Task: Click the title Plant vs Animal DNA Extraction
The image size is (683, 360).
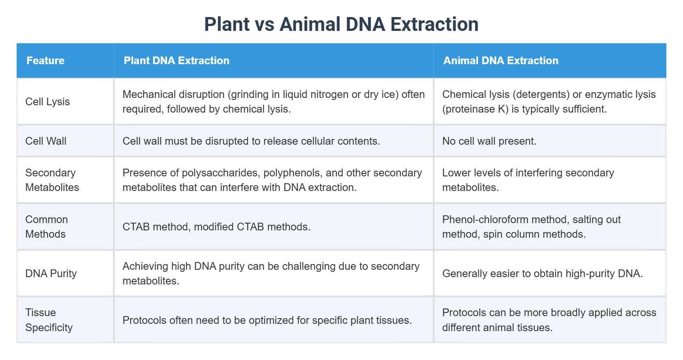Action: (x=341, y=24)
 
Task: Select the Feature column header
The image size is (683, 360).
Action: (x=46, y=61)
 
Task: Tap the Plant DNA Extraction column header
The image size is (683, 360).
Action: (x=176, y=61)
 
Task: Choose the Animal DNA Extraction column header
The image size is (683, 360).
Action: (x=500, y=61)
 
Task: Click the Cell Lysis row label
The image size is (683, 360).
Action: (x=48, y=102)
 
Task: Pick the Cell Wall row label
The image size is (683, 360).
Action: (x=46, y=141)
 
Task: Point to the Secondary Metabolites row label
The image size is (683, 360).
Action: (x=52, y=180)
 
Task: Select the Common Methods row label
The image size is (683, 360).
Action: (x=46, y=227)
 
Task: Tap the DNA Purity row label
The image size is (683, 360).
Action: (x=51, y=273)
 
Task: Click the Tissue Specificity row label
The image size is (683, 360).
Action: (x=49, y=320)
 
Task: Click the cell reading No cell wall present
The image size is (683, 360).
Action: (x=489, y=141)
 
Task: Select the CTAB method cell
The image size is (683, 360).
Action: (x=216, y=227)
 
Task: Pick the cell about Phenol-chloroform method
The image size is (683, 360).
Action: (x=531, y=227)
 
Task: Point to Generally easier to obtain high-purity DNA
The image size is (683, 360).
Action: (x=542, y=273)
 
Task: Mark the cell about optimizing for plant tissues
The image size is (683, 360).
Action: (x=267, y=320)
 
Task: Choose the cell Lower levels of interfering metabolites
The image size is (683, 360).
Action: (x=528, y=180)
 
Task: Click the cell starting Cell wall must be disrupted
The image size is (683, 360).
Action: (x=251, y=141)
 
